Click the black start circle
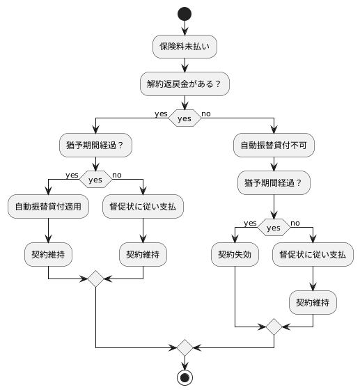point(185,13)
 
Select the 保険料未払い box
point(185,47)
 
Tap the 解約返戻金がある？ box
point(185,84)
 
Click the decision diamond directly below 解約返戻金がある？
point(185,118)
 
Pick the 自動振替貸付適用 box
point(48,207)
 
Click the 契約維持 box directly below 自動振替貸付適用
point(48,255)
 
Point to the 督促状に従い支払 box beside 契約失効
point(313,255)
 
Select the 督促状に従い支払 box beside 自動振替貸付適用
point(143,207)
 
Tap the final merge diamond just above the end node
point(185,346)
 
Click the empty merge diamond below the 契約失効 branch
point(274,325)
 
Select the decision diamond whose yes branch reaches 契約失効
point(274,228)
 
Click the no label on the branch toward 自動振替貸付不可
point(206,113)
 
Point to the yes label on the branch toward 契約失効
point(251,222)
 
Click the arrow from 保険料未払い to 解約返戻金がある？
point(185,65)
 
